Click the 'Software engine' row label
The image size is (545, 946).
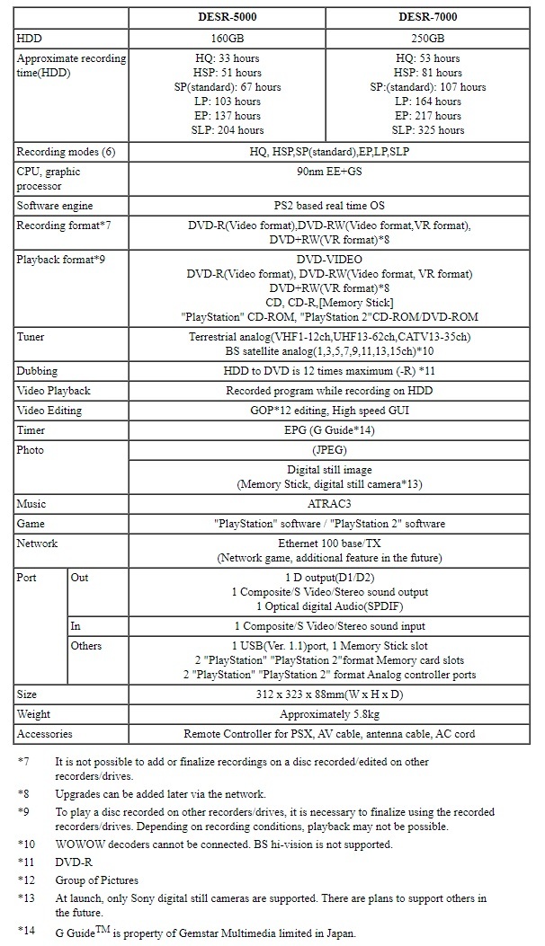click(56, 206)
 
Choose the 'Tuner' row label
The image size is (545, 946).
click(31, 337)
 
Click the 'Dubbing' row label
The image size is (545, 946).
click(36, 371)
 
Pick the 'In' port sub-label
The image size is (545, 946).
click(76, 626)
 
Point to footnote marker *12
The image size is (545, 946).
click(23, 880)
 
